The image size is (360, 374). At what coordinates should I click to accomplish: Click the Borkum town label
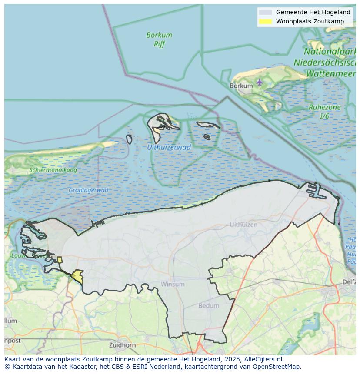(241, 86)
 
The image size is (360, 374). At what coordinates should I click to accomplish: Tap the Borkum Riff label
(159, 39)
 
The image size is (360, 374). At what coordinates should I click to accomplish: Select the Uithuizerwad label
(169, 147)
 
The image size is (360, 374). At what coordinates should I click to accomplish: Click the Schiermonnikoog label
(53, 170)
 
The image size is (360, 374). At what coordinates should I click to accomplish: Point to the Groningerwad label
(88, 190)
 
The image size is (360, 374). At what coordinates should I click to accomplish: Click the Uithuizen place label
(243, 225)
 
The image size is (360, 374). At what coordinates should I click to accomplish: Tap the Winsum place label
(173, 284)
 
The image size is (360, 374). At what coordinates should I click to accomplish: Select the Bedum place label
(209, 305)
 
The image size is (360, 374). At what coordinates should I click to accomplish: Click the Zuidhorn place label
(123, 345)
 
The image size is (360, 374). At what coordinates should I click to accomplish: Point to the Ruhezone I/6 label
(324, 112)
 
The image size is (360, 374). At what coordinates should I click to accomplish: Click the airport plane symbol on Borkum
(260, 82)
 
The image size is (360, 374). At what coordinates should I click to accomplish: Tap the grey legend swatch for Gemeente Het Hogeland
(265, 13)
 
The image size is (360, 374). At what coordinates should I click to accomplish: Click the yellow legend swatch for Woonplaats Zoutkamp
(265, 21)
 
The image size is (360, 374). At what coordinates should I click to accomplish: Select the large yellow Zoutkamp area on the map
(78, 276)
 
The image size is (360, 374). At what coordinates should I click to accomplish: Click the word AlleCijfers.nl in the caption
(264, 359)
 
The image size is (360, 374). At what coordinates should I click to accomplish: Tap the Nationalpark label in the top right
(331, 52)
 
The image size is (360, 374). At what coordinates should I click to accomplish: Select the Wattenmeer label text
(330, 74)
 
